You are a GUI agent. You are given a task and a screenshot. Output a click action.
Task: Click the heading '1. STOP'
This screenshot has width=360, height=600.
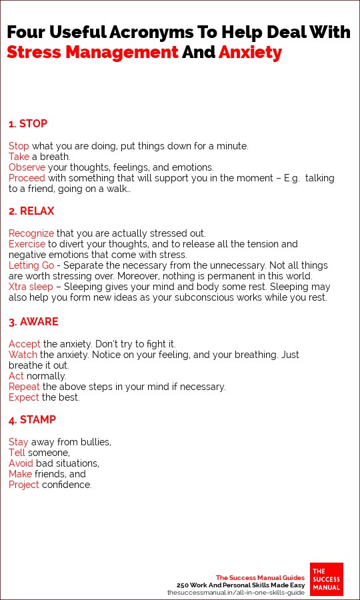tap(28, 123)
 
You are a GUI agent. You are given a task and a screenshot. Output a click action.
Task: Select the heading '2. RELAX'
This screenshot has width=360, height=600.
tap(31, 211)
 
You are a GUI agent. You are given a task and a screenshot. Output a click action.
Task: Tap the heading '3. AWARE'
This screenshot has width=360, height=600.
tap(33, 321)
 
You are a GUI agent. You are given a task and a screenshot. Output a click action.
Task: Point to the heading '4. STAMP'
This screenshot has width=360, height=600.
tap(32, 420)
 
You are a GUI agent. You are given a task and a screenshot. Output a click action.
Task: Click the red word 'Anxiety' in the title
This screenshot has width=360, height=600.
tap(250, 52)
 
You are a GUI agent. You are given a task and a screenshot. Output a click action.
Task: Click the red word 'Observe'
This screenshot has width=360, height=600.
tap(27, 167)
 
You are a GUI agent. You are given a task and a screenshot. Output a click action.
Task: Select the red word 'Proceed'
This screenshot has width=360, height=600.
tap(27, 178)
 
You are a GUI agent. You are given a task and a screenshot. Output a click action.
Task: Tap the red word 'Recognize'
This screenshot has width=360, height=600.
tap(31, 233)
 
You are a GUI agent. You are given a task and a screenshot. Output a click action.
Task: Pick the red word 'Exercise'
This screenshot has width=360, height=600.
tap(27, 244)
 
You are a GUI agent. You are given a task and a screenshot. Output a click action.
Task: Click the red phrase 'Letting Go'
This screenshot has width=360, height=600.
tap(31, 265)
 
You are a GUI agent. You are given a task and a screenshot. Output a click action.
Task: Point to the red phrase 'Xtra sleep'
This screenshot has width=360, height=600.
tap(31, 287)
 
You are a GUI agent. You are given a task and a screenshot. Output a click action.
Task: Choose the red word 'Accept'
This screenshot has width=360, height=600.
tap(25, 343)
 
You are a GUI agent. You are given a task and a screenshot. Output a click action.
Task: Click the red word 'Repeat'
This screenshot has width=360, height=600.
tap(25, 387)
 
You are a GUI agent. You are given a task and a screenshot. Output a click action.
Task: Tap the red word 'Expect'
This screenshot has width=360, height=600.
tap(25, 397)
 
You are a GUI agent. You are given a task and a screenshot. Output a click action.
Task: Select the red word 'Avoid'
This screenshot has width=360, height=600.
tap(21, 463)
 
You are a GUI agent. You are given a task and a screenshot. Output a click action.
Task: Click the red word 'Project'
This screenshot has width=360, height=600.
tap(24, 485)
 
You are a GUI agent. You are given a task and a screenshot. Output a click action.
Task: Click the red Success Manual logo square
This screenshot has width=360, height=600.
tap(327, 579)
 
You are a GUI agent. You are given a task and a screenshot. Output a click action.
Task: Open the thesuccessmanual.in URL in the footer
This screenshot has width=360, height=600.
tap(235, 592)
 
